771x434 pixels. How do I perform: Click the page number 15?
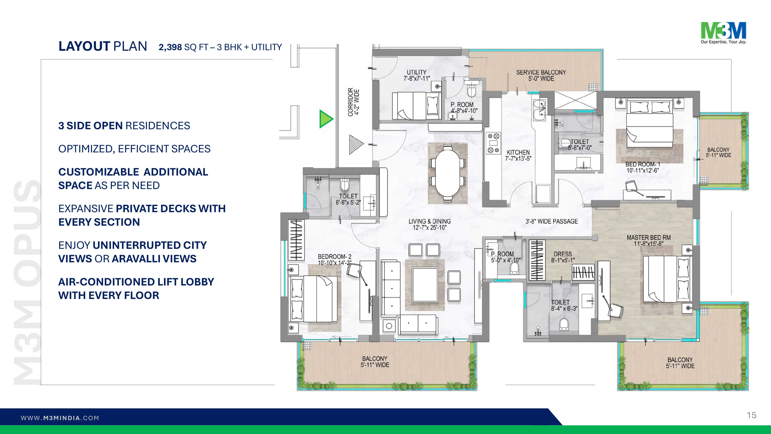[752, 415]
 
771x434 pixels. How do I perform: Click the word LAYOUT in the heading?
[84, 46]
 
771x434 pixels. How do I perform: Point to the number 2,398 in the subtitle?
[170, 47]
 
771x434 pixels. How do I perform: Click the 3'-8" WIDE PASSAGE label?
[552, 221]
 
